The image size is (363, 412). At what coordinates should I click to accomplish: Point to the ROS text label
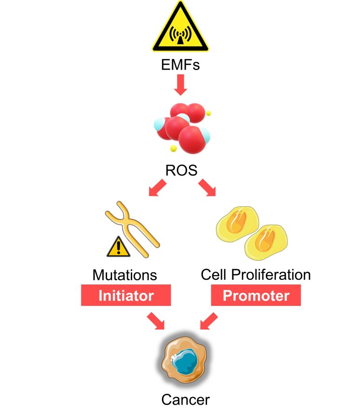[181, 170]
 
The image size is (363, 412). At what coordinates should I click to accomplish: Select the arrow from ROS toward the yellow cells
[207, 189]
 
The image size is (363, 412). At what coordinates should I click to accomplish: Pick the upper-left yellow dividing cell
[237, 225]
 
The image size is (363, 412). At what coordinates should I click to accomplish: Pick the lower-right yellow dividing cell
[267, 242]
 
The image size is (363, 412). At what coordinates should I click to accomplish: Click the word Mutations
[125, 275]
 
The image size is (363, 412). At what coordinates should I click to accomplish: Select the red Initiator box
[126, 296]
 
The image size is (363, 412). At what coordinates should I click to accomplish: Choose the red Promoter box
[256, 296]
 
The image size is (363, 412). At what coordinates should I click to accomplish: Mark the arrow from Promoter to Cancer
[208, 321]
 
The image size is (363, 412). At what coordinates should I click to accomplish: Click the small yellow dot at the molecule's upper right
[209, 113]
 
